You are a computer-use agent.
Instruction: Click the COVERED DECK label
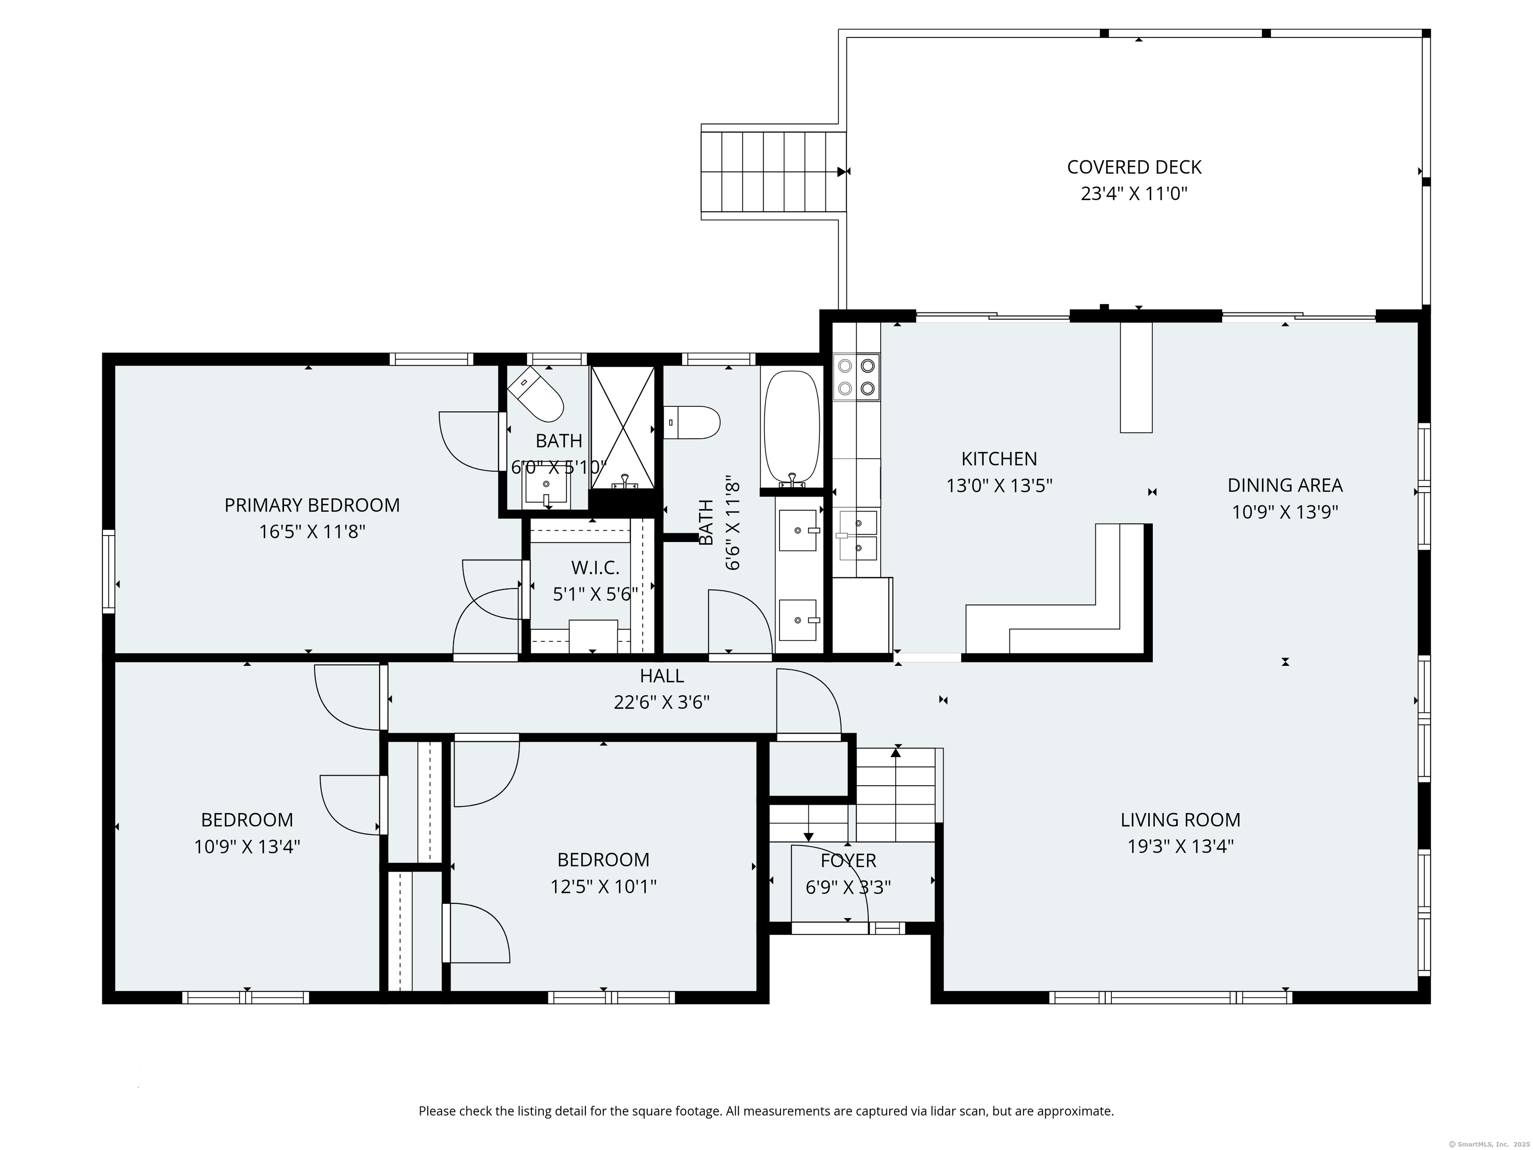click(1134, 167)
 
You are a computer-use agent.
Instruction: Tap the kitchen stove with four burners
click(857, 377)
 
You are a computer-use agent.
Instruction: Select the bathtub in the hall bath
click(791, 429)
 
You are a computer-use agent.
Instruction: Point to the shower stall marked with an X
click(622, 428)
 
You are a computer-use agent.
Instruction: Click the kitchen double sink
click(857, 535)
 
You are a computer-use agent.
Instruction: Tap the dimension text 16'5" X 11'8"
click(312, 532)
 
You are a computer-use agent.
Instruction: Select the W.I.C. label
click(595, 568)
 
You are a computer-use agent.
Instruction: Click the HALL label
click(662, 675)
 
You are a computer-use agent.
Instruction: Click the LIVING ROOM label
click(1180, 820)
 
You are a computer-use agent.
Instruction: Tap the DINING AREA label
click(1285, 485)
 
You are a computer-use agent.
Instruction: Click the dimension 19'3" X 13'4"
click(1181, 847)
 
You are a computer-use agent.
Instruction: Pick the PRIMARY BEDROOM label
click(312, 505)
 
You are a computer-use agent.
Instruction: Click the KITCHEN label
click(1000, 459)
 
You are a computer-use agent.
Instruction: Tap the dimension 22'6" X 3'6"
click(662, 702)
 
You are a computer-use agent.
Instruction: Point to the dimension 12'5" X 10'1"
click(604, 886)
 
